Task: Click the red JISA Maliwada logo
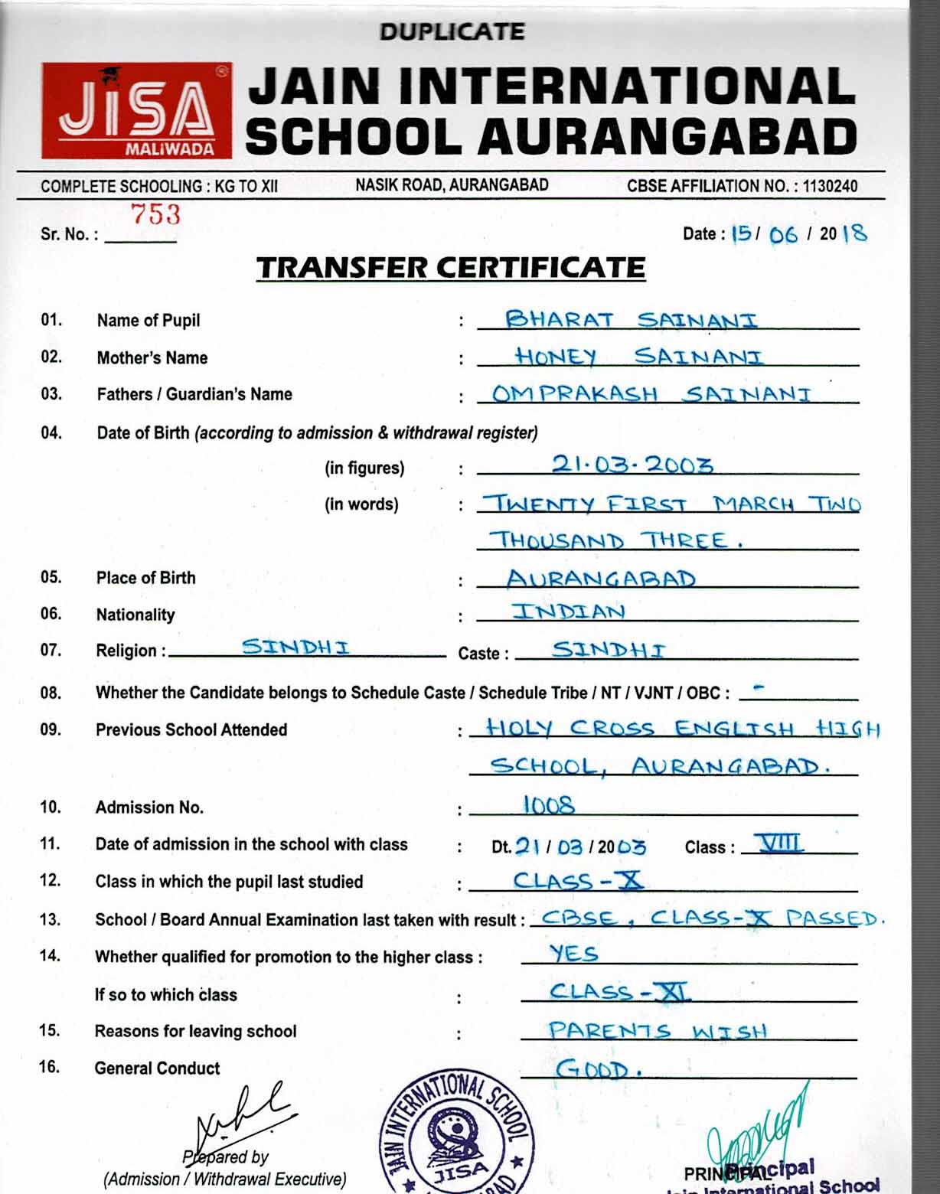[136, 110]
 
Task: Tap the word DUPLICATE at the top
[452, 32]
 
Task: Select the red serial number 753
[155, 215]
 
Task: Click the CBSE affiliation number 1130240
[830, 186]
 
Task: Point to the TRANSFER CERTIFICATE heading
[451, 268]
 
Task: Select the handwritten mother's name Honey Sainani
[638, 357]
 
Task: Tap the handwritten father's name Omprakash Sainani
[651, 394]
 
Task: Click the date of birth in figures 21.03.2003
[632, 465]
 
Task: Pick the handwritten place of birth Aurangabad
[601, 579]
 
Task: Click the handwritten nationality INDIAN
[569, 612]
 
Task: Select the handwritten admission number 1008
[548, 805]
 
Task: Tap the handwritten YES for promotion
[573, 954]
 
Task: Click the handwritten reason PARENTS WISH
[657, 1031]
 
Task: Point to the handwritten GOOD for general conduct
[592, 1068]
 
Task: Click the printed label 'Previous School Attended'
[191, 730]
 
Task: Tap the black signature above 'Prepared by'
[237, 1117]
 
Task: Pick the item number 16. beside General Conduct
[50, 1067]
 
